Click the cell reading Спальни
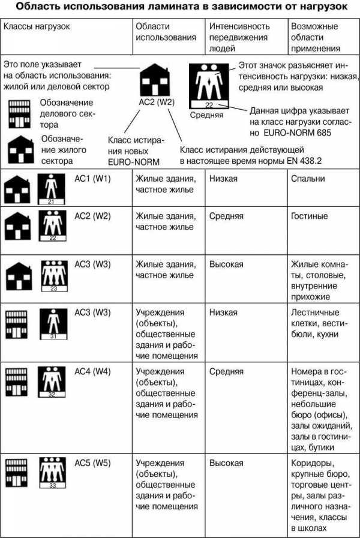point(307,179)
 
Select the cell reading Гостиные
point(309,216)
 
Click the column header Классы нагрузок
point(36,27)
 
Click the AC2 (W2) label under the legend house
point(156,102)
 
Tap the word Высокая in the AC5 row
point(226,463)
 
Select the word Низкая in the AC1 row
point(223,179)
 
